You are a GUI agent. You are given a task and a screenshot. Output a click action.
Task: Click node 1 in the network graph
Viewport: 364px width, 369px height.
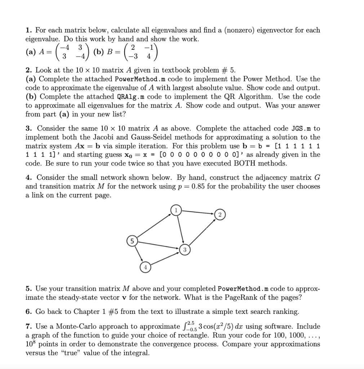176,210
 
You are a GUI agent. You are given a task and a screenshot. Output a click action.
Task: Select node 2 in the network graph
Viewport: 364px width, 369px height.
220,215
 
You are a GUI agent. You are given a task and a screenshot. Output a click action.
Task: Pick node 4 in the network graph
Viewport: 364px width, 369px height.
145,267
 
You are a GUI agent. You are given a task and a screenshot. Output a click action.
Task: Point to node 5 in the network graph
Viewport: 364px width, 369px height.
131,240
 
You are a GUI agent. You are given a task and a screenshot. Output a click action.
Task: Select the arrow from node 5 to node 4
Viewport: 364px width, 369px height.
138,254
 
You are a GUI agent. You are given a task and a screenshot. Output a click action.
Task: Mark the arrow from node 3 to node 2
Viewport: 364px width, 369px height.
202,232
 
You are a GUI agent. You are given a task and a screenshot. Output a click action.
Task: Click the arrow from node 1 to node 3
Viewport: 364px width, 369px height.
180,230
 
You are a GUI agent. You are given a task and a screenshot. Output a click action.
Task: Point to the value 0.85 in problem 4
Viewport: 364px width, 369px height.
200,186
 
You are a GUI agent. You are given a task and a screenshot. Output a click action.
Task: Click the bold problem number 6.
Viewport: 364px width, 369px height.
28,311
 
